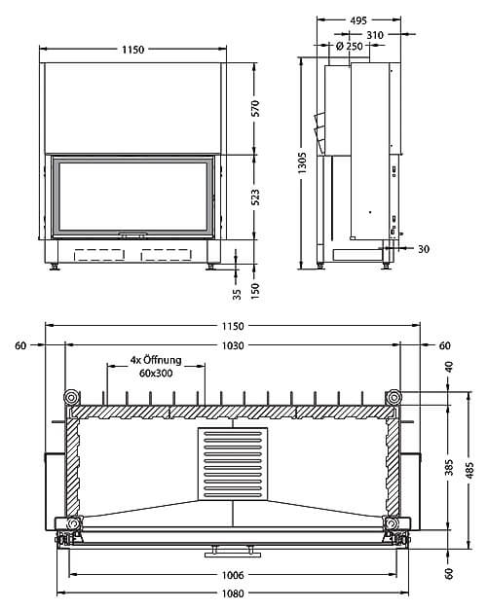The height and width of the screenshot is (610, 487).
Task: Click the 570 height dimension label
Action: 255,108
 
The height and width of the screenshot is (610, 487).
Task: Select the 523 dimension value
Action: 255,197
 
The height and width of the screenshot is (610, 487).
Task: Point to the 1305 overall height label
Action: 302,163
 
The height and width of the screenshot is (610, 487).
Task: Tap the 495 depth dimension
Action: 358,20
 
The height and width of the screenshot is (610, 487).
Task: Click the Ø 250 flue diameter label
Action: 349,46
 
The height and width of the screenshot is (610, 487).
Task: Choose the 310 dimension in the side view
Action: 375,35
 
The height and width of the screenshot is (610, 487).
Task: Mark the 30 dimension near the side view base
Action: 424,249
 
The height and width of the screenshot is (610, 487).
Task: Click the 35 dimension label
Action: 238,294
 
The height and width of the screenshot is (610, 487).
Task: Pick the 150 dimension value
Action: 255,291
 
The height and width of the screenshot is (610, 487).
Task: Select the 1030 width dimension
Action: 233,345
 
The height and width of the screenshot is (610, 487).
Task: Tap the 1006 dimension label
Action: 233,575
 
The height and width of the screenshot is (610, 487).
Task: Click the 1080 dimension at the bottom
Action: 233,593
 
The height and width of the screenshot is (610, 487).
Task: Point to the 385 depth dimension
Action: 449,467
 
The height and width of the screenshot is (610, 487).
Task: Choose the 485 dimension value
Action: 469,470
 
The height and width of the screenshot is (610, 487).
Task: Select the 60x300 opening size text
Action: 156,373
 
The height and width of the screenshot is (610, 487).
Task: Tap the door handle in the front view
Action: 132,234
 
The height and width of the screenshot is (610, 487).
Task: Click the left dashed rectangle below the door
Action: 99,255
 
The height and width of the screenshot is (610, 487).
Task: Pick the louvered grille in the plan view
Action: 233,464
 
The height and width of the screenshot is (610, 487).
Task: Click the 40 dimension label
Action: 449,367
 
